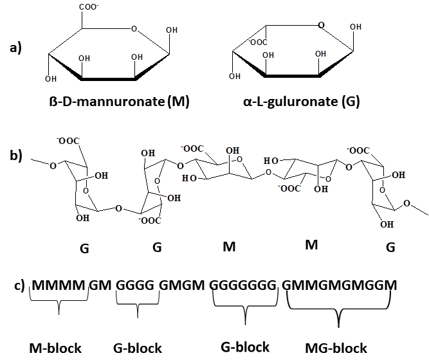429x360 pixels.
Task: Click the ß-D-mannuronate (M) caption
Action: point(119,102)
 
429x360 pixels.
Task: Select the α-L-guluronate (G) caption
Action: point(301,102)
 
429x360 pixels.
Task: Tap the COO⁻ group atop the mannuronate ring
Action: point(89,7)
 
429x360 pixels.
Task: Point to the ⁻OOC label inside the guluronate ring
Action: point(258,42)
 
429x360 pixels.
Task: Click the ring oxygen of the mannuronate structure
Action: point(134,28)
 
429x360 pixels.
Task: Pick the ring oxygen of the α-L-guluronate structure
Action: point(321,25)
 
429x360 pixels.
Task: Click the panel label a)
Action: point(15,48)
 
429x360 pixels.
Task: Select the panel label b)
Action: point(16,156)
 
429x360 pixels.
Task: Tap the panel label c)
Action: point(20,285)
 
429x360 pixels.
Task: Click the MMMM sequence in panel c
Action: point(59,285)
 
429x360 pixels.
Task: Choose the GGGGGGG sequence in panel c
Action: point(243,285)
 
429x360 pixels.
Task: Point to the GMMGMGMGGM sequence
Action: point(340,285)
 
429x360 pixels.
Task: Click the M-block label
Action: point(55,348)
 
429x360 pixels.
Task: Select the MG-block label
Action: point(336,348)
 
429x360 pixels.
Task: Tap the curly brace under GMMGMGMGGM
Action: point(339,309)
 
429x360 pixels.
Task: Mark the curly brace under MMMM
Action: point(59,301)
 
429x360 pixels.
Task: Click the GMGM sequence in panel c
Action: point(181,285)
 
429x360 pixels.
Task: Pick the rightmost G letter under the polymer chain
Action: point(390,248)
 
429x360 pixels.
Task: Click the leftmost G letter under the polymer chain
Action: point(84,248)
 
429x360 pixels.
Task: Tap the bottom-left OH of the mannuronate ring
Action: point(51,79)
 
